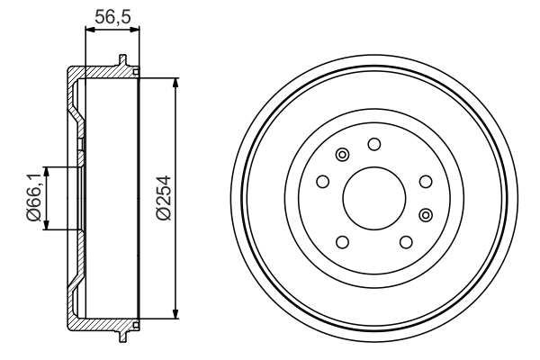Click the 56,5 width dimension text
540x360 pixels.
click(x=112, y=15)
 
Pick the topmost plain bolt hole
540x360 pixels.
click(x=373, y=143)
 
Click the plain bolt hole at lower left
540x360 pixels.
click(x=342, y=241)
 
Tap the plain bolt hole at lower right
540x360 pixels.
click(x=405, y=241)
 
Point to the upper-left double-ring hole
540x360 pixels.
click(x=342, y=156)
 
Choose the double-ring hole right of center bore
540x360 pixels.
click(x=426, y=213)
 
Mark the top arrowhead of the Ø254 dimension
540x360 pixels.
click(x=174, y=81)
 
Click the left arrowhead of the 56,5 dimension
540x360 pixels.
click(x=87, y=30)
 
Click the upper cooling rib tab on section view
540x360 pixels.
click(x=121, y=61)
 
